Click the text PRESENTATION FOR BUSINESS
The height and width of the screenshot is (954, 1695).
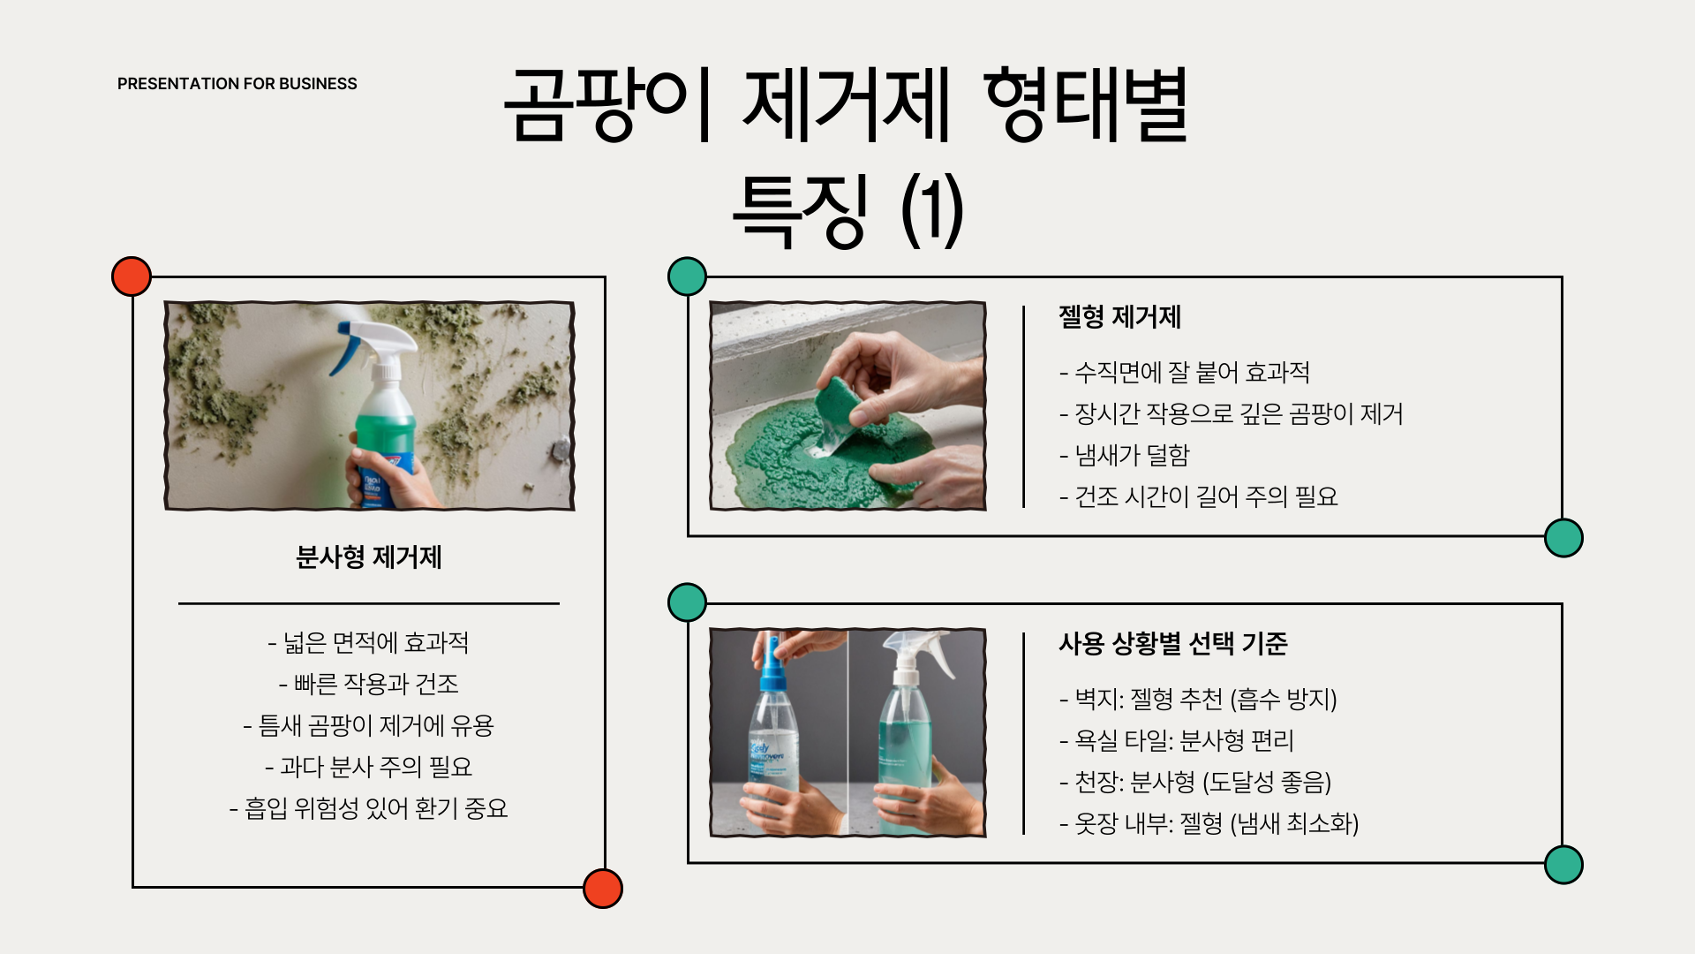tap(237, 84)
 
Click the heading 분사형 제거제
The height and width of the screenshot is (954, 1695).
tap(369, 557)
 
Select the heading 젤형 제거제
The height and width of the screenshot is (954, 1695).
tap(1119, 317)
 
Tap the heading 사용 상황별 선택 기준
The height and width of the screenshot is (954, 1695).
tap(1173, 643)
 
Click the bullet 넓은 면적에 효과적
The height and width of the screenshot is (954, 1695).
tap(368, 642)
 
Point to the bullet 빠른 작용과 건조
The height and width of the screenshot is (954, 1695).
tap(368, 684)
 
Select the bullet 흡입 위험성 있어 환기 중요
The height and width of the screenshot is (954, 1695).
tap(368, 808)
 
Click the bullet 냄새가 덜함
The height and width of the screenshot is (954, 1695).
tap(1125, 455)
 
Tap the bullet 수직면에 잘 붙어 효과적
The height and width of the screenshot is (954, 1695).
tap(1185, 372)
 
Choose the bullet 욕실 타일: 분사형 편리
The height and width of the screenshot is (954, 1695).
tap(1177, 740)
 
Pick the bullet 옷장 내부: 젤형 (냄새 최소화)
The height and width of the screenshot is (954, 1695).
tap(1209, 823)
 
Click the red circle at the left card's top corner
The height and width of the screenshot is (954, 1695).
tap(132, 276)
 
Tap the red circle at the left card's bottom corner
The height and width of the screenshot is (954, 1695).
tap(603, 888)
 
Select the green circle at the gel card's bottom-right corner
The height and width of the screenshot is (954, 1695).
tap(1563, 538)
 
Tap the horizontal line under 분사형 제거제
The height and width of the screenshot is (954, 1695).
tap(369, 603)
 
